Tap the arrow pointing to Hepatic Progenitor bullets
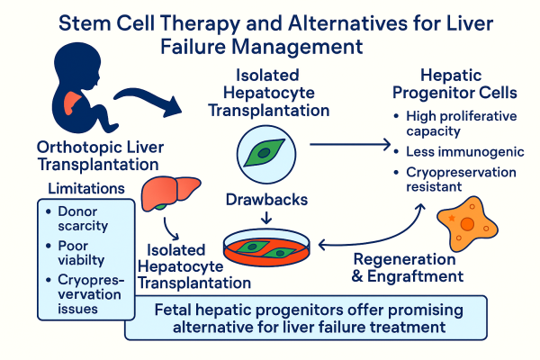click(x=351, y=142)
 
